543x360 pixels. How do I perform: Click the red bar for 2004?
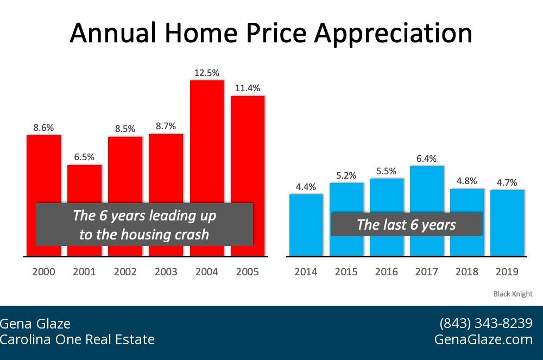pos(207,141)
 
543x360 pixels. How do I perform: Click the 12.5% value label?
pos(207,72)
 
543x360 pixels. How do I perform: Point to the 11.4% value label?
pos(248,88)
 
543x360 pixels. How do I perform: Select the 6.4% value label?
pos(427,159)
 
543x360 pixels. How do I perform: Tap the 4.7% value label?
pos(507,182)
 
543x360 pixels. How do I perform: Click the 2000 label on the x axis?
pos(44,272)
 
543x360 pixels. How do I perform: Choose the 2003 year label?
pos(166,272)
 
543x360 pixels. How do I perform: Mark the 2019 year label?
pos(507,272)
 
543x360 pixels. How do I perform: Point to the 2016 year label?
pos(387,272)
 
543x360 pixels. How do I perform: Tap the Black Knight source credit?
pos(513,294)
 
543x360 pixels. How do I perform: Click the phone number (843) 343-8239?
pos(485,324)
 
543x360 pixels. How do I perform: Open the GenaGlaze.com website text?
pos(483,340)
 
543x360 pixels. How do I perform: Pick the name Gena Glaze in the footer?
pos(35,324)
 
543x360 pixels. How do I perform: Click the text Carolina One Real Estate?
pos(77,340)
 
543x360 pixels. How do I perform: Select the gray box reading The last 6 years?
pos(406,224)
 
